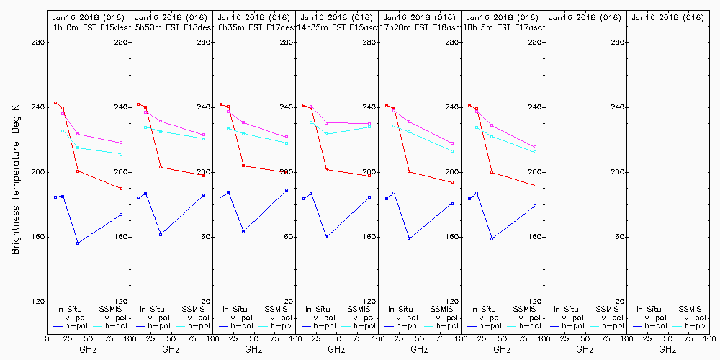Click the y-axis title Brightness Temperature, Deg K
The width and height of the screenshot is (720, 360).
pyautogui.click(x=14, y=179)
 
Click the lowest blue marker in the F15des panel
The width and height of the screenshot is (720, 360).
pyautogui.click(x=78, y=243)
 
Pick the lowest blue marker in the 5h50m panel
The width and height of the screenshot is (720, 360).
pyautogui.click(x=161, y=235)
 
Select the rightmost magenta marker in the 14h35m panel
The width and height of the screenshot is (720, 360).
pyautogui.click(x=369, y=124)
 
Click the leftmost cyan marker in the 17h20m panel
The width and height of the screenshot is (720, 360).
pyautogui.click(x=394, y=126)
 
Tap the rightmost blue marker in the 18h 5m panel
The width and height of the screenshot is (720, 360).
pyautogui.click(x=535, y=206)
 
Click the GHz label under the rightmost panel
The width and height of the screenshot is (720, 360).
pyautogui.click(x=667, y=349)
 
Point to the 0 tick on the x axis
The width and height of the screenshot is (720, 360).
pyautogui.click(x=47, y=338)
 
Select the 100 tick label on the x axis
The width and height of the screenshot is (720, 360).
pyautogui.click(x=709, y=338)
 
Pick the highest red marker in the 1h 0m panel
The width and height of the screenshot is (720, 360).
pyautogui.click(x=55, y=103)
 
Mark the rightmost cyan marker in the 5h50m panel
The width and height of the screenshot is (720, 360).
pyautogui.click(x=204, y=139)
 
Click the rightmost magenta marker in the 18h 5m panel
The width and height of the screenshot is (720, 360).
pyautogui.click(x=535, y=147)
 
